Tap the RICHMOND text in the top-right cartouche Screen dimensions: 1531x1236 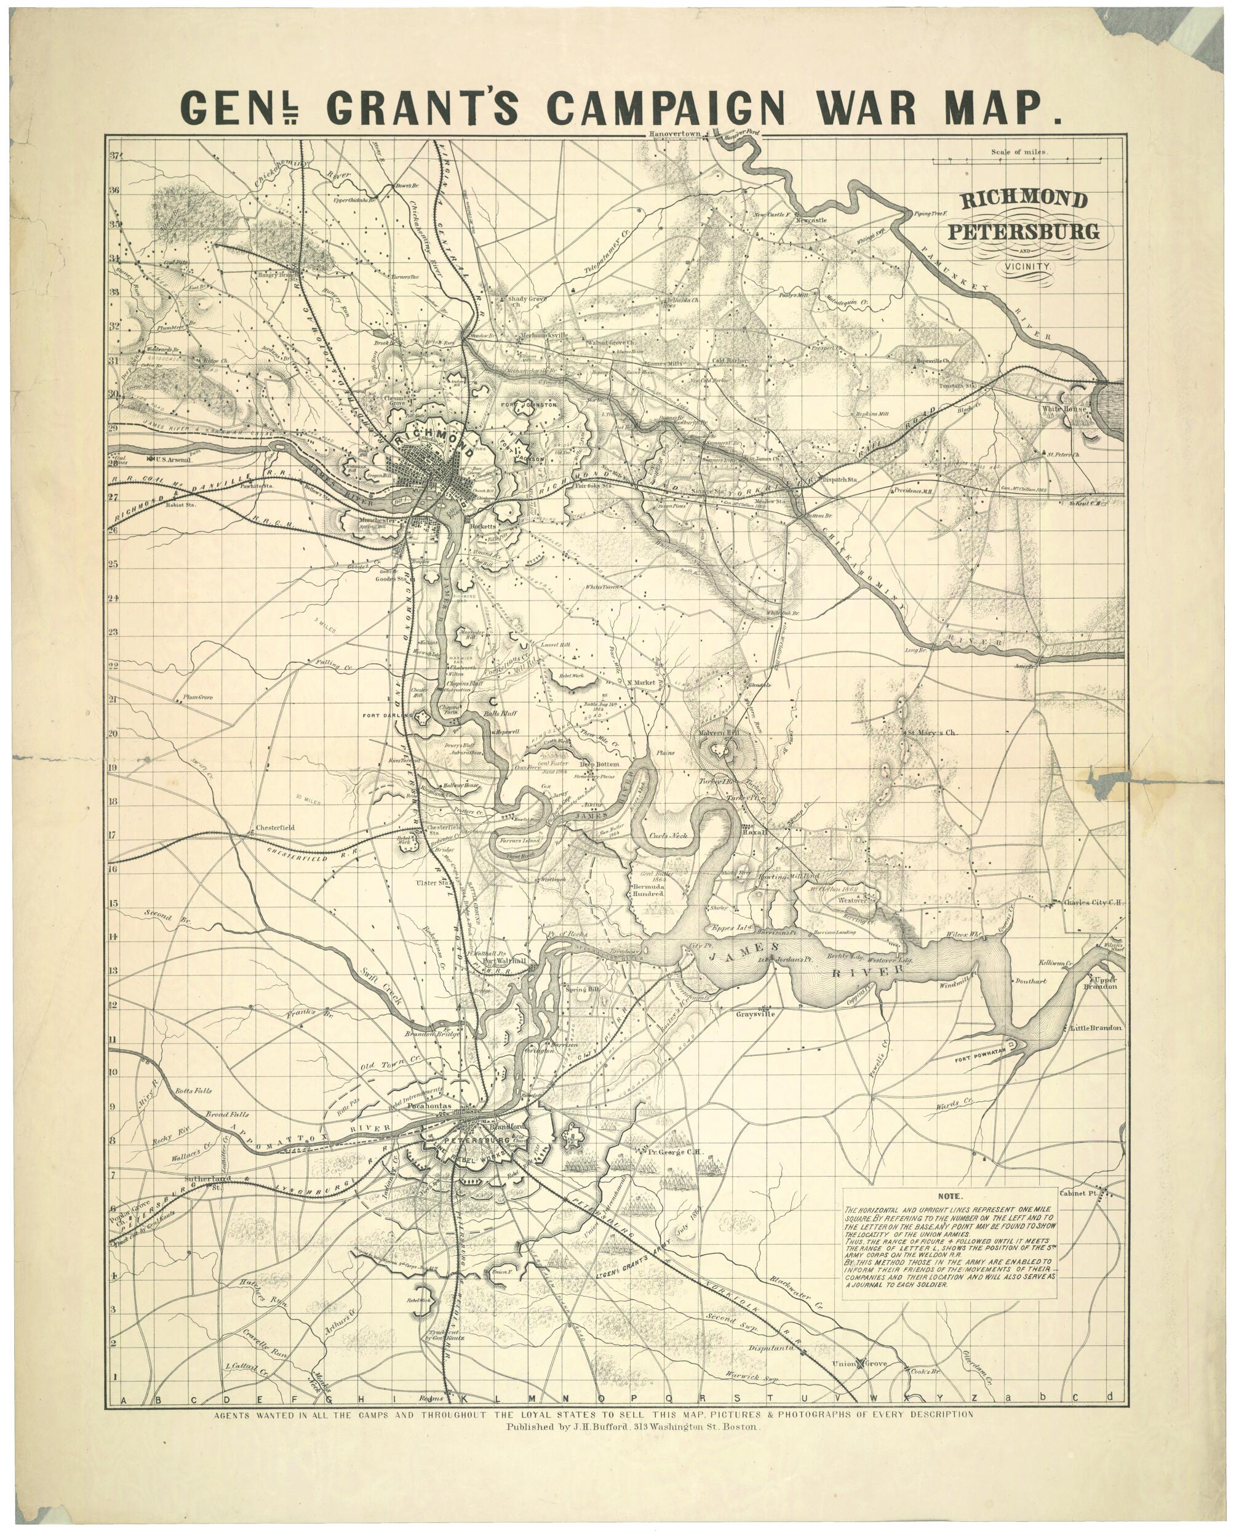[1024, 200]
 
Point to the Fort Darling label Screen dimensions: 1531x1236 [388, 715]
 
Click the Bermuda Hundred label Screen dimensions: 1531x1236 [648, 889]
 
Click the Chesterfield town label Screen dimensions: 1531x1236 [275, 828]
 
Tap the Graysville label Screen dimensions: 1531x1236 [755, 1013]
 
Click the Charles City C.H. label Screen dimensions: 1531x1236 [1093, 902]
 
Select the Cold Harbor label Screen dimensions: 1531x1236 [730, 361]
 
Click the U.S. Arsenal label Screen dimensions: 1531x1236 [173, 460]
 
